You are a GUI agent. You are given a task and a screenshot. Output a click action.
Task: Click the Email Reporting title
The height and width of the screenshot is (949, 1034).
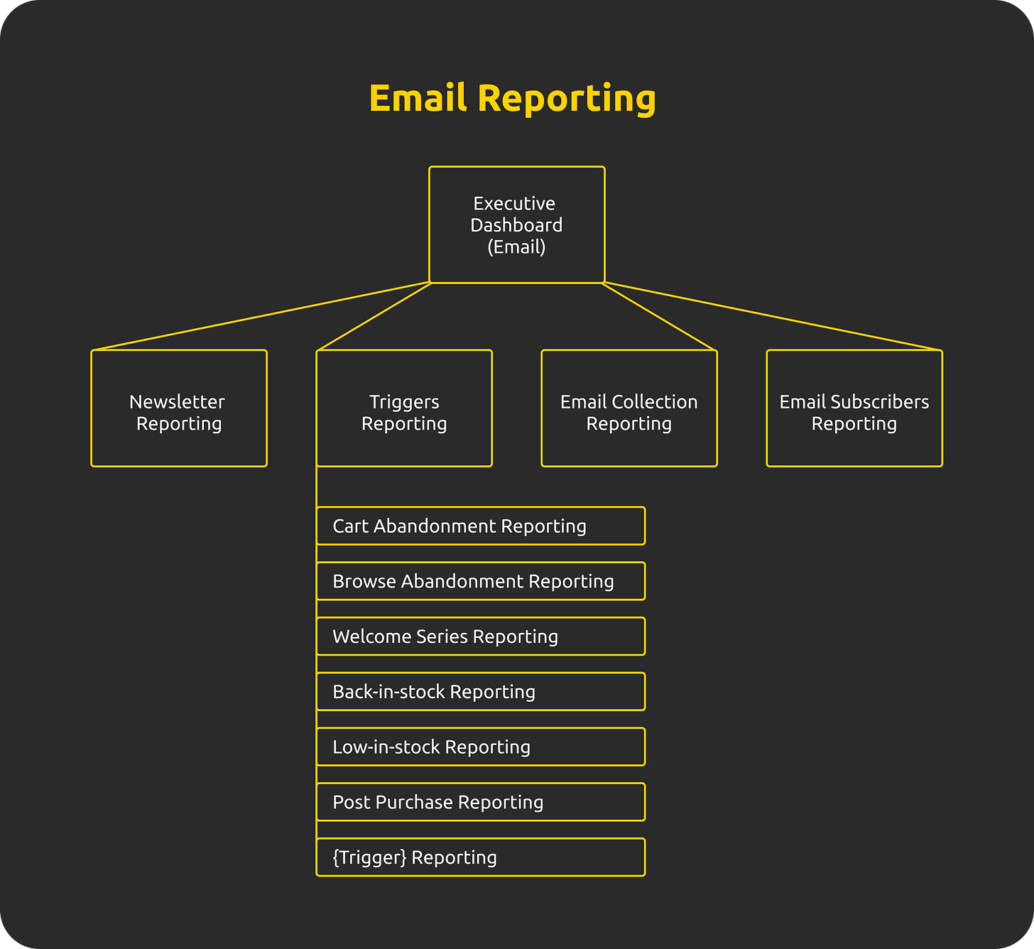512,98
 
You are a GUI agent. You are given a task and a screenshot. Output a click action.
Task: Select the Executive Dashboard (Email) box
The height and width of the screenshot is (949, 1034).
516,224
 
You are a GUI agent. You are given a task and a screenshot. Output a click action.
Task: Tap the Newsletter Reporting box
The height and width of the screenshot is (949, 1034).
178,409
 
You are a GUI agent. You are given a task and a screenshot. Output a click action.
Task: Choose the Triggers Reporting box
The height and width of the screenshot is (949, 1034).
404,409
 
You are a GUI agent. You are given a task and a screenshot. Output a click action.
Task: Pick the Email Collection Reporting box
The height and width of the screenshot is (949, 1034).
628,409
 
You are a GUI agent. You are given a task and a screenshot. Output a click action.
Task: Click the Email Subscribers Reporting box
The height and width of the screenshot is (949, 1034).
854,409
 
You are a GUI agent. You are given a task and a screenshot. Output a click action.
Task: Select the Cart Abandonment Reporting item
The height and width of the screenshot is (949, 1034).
480,526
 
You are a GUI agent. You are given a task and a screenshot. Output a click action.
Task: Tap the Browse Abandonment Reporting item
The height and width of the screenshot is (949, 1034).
480,581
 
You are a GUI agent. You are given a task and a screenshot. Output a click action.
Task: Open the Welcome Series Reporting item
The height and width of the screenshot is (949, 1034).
480,636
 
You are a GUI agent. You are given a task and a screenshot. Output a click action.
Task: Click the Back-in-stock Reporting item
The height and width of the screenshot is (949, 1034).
480,692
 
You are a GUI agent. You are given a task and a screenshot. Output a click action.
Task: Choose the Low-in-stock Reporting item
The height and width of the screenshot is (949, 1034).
480,747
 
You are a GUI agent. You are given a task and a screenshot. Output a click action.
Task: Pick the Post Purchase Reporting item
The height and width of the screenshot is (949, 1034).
480,802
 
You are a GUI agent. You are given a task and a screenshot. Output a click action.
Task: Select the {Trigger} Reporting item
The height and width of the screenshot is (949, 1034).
480,857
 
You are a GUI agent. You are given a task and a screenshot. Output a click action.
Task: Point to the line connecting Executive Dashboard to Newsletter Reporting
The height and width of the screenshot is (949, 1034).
261,316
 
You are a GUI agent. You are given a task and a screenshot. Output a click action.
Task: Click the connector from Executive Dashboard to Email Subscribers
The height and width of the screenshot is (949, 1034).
773,316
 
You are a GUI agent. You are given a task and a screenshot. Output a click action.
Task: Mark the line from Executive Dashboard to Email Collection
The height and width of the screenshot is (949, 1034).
659,316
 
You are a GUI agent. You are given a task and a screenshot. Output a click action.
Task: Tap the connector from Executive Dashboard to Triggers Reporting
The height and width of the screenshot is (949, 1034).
374,316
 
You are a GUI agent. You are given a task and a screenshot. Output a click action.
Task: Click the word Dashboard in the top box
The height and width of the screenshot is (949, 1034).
516,225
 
